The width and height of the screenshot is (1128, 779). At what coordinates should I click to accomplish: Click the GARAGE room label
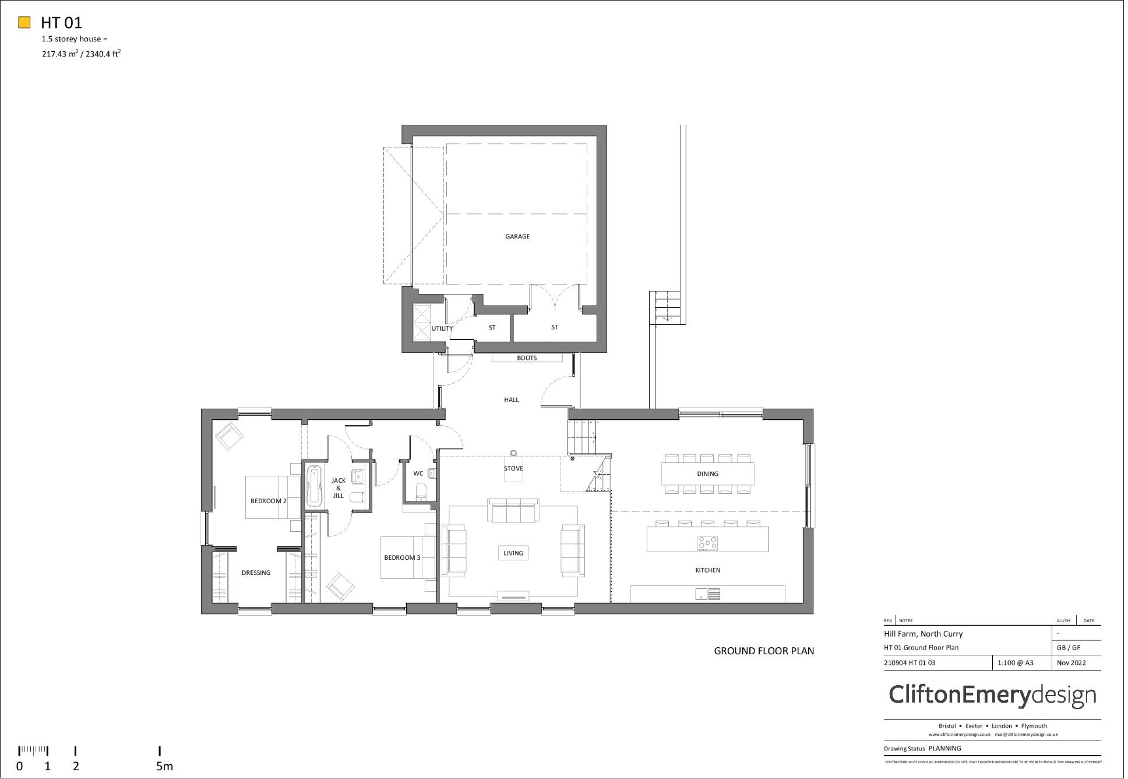point(517,236)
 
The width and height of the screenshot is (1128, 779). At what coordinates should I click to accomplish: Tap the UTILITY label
point(442,328)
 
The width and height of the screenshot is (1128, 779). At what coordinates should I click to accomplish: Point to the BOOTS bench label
point(527,358)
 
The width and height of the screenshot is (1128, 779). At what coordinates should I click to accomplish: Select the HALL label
point(511,399)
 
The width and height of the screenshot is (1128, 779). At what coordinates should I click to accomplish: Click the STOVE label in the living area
point(513,468)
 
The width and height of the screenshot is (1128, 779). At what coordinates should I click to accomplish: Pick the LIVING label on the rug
point(513,553)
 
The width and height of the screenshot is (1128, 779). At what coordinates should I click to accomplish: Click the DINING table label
point(707,473)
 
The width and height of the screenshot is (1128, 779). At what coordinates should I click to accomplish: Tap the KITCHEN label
point(707,570)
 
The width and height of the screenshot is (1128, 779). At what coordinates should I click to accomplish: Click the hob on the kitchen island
point(707,543)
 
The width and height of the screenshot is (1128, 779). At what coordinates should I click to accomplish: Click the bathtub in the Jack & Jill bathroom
point(313,486)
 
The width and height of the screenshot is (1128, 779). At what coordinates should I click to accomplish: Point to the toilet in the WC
point(421,492)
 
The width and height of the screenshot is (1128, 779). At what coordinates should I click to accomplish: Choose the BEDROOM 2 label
point(268,501)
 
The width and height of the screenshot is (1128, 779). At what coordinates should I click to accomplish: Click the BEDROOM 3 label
point(401,557)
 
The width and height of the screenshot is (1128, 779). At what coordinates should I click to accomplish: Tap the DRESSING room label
point(256,573)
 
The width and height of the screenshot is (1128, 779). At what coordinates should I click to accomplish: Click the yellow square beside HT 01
point(24,23)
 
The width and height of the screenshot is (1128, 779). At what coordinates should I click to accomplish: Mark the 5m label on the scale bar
point(164,766)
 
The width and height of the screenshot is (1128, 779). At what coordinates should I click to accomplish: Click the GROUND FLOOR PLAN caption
point(764,651)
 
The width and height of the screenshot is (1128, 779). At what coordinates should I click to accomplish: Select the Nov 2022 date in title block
point(1071,662)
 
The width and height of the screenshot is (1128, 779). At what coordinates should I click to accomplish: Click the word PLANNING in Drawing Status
point(944,748)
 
